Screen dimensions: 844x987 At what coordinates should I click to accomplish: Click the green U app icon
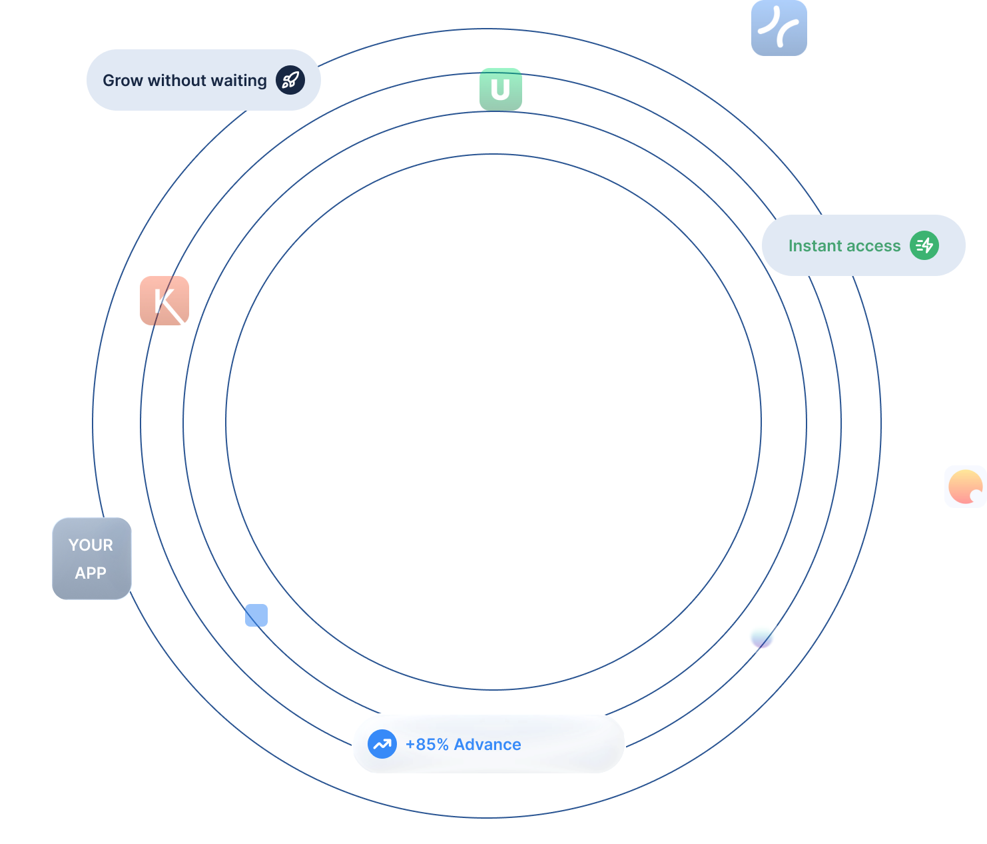click(x=501, y=89)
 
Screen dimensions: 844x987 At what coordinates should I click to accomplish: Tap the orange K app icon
click(x=164, y=301)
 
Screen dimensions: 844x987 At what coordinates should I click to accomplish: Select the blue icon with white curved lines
click(x=779, y=28)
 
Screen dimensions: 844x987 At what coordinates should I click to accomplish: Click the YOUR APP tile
click(x=92, y=559)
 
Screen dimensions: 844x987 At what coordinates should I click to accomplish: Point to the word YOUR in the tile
click(x=91, y=545)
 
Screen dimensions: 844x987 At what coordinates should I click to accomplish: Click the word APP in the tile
click(x=91, y=573)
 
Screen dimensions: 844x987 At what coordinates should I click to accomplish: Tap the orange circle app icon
click(x=965, y=487)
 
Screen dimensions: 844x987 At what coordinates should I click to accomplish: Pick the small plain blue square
click(x=256, y=615)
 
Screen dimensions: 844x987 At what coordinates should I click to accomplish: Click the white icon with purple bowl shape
click(x=762, y=637)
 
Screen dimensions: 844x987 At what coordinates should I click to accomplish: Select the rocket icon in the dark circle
click(x=290, y=80)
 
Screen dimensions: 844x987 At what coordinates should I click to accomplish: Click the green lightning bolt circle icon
click(x=924, y=245)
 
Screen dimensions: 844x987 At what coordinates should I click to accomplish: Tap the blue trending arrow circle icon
click(x=382, y=744)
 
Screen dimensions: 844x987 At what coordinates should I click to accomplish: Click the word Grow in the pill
click(x=123, y=81)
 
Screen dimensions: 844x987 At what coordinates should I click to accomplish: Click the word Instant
click(x=815, y=246)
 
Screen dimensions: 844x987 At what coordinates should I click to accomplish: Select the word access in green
click(x=874, y=246)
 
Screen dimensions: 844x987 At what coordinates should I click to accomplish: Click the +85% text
click(x=427, y=745)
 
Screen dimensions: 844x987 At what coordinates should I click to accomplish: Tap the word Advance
click(x=488, y=745)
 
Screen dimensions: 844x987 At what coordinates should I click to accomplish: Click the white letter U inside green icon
click(x=500, y=89)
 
